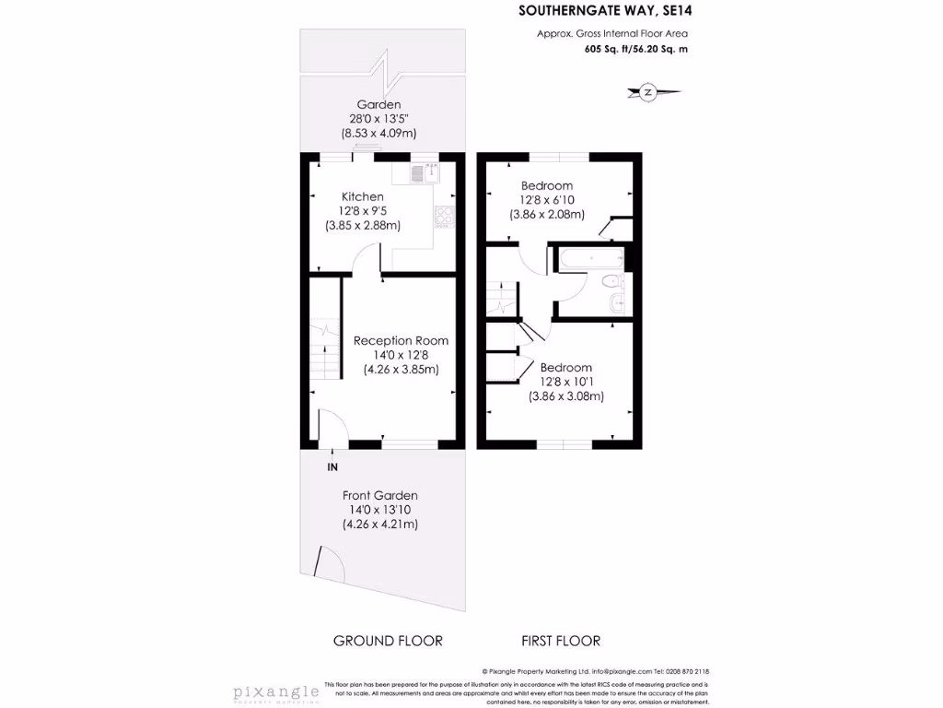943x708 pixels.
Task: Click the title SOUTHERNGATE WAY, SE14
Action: tap(603, 11)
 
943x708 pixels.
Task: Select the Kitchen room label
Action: tap(362, 196)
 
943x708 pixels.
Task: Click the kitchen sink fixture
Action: tap(422, 172)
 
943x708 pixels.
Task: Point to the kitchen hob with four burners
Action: tap(444, 216)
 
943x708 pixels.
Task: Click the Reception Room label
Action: tap(401, 340)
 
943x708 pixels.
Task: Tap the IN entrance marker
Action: tap(332, 467)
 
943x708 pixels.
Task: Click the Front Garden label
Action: tap(379, 495)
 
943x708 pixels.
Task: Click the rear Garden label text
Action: tap(379, 104)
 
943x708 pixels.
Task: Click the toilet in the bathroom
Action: tap(610, 282)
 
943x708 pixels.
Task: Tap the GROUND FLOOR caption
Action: tap(388, 641)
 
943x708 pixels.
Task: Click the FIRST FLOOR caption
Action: tap(561, 641)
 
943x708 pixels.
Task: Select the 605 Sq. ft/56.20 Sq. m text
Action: tap(635, 50)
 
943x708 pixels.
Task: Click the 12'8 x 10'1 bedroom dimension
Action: tap(565, 383)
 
